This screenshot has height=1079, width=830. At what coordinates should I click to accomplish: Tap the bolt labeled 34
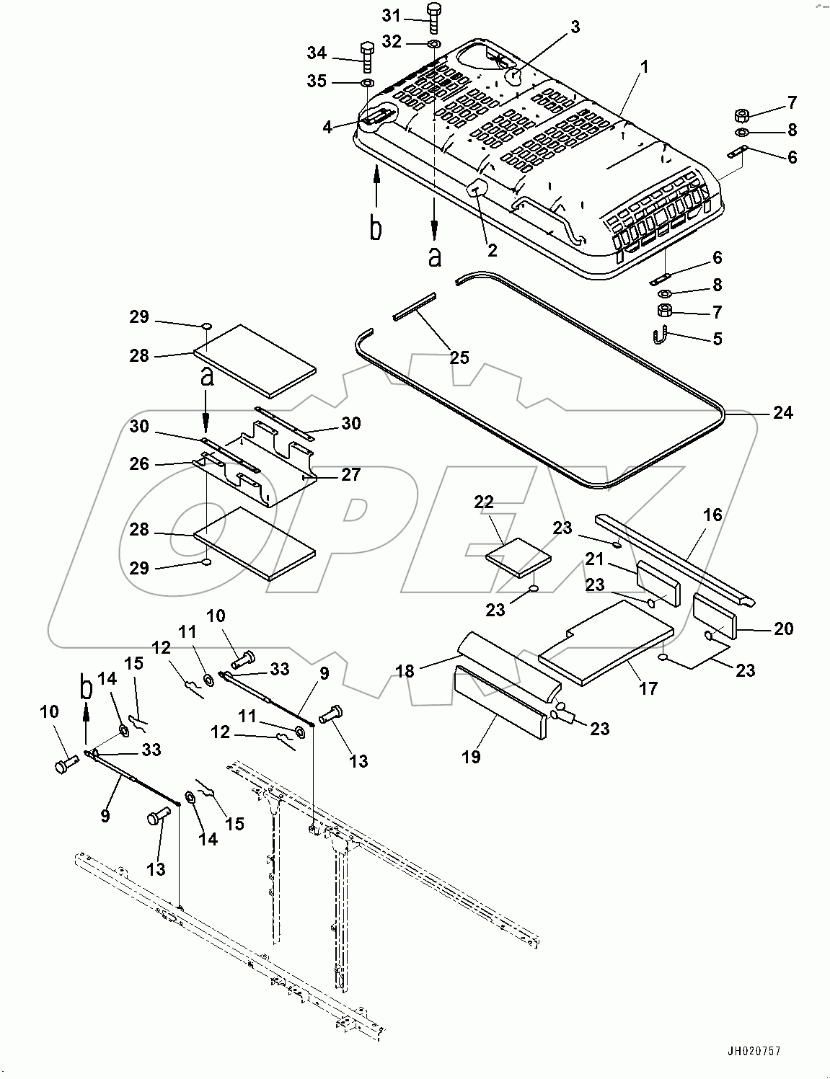tap(366, 57)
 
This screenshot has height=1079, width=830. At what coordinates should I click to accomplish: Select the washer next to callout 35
tap(366, 84)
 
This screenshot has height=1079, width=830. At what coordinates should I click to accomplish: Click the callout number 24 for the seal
tap(782, 413)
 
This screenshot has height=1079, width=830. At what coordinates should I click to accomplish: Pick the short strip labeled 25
tap(415, 306)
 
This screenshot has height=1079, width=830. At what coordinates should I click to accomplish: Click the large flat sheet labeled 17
tap(606, 641)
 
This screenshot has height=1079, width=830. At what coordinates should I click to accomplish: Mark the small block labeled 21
tap(658, 582)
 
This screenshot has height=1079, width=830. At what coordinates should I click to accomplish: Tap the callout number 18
tap(405, 670)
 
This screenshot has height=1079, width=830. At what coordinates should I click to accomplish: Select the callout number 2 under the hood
tap(493, 250)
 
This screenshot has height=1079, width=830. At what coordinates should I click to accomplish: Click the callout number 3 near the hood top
tap(575, 27)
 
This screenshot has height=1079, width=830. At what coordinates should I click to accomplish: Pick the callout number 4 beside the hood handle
tap(328, 127)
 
